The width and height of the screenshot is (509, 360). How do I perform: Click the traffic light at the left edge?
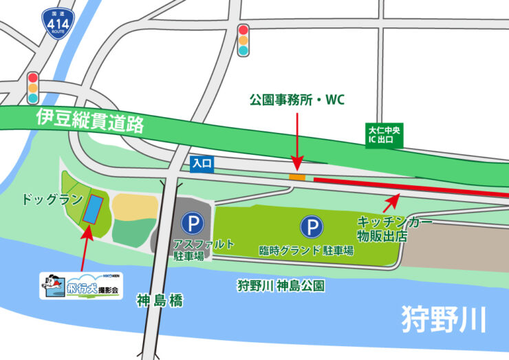point(32,88)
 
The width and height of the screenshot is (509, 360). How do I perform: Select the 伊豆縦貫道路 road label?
point(89,120)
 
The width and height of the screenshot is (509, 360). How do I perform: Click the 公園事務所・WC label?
point(296,100)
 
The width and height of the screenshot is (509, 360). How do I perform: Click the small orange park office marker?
point(296,178)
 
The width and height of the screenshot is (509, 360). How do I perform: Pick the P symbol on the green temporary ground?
point(312,226)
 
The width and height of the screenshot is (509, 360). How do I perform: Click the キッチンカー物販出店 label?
point(392,229)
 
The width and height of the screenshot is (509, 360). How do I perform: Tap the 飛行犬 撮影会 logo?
point(81,285)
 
